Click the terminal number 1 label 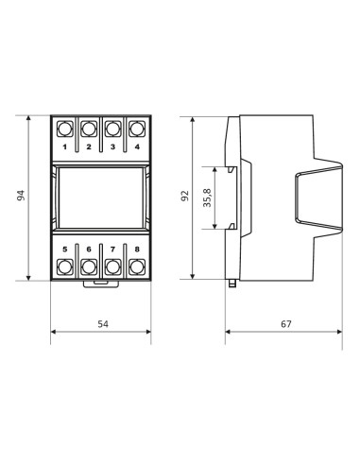65,148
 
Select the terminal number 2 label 89,148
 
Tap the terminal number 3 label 113,148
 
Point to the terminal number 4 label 137,148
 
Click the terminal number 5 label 65,249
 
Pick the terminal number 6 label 89,249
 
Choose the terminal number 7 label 113,249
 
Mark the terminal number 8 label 137,249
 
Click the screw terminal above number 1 65,129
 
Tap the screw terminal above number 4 137,129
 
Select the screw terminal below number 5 65,267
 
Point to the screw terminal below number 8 137,267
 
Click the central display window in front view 101,198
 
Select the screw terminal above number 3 113,129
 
